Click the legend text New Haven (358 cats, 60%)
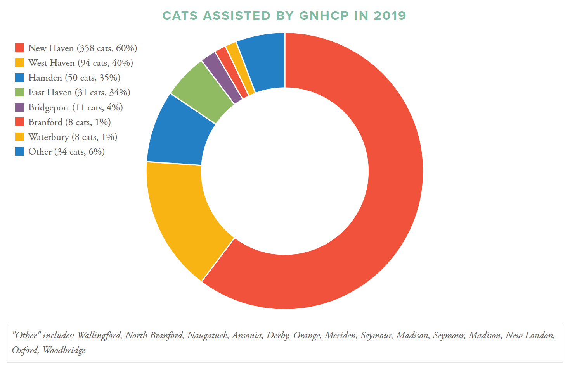(83, 48)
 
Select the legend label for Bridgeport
(75, 107)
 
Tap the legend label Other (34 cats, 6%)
(66, 152)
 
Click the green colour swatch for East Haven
(20, 92)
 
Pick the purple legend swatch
(20, 107)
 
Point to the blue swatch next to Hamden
(20, 78)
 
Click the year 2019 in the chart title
(390, 16)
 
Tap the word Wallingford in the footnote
(99, 335)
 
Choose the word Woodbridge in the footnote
(64, 350)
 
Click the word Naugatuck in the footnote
(207, 335)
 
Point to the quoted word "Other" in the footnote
(26, 335)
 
